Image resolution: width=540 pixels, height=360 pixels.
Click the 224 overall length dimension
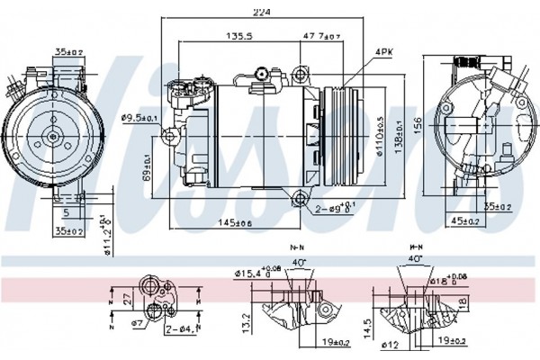pos(263,12)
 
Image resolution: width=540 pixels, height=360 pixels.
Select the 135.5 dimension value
pos(238,36)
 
